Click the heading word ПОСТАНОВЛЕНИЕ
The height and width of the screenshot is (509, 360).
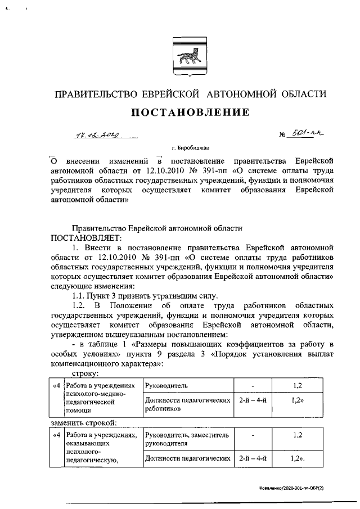pos(190,112)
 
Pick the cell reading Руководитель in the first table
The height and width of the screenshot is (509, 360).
pos(166,386)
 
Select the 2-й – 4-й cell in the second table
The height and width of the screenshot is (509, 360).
pos(253,459)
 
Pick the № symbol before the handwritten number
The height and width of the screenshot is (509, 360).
pos(283,136)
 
